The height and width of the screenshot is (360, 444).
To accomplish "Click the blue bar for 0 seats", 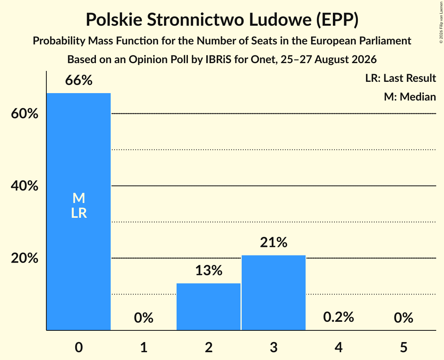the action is point(79,212).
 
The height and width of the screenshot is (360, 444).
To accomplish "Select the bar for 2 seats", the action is point(209,307).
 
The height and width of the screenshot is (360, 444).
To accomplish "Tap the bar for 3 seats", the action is point(274,293).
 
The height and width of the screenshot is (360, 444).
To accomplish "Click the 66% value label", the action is point(79,80).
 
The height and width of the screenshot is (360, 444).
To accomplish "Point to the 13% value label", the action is point(209,270).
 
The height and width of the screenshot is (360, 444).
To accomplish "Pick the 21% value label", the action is point(274,242).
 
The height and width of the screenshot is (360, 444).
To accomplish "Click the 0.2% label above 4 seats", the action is point(338,317).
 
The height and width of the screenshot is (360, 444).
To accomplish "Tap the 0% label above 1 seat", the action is point(143,318).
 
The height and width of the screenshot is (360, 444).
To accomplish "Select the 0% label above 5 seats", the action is point(403,318).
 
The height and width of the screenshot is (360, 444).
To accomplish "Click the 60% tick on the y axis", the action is point(25,114).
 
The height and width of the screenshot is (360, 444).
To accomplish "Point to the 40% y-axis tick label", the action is point(25,186).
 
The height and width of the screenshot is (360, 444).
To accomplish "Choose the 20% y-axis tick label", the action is point(25,258).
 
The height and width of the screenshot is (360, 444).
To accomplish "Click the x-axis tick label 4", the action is point(339,347).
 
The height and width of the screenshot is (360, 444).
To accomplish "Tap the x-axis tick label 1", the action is point(144,347).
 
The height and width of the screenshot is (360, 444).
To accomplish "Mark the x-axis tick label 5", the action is point(403,347).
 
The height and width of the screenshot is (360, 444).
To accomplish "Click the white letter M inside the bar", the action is point(79,198).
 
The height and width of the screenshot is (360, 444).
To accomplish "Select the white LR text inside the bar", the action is point(79,213).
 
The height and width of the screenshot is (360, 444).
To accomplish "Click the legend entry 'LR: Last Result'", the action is point(400,78).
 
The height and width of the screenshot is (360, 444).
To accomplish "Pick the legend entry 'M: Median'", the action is point(410,97).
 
